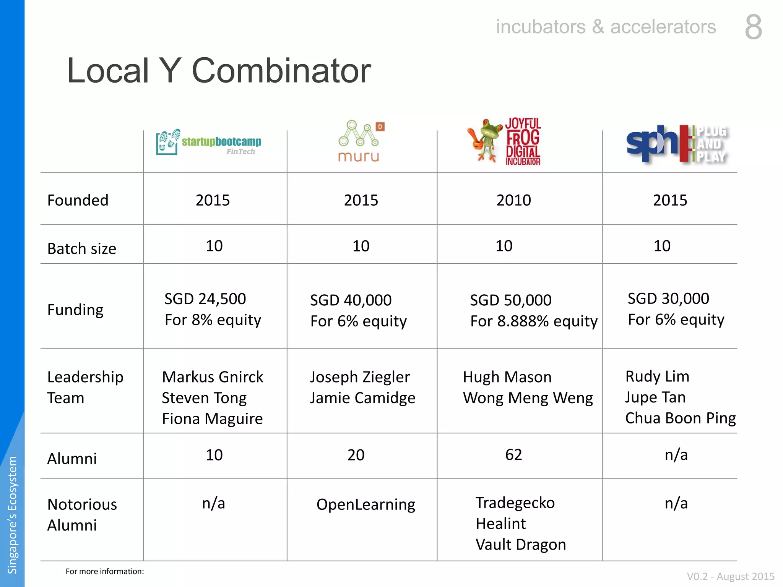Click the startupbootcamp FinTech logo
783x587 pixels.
point(209,142)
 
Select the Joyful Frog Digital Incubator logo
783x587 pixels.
point(504,141)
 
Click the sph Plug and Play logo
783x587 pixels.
point(677,144)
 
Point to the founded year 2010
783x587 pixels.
point(513,200)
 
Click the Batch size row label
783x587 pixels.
point(82,248)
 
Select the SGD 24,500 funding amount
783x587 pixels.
point(205,299)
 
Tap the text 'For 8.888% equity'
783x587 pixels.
point(534,321)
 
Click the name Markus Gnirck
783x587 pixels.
point(213,377)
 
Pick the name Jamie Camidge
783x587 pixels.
point(362,398)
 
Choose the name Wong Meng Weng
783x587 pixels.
point(528,398)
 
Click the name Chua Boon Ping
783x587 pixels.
point(681,418)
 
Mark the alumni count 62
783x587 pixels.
point(513,455)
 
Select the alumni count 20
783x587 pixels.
point(356,455)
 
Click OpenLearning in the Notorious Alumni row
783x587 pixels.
point(366,505)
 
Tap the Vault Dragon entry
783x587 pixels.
point(521,545)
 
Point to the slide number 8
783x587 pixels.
point(754,27)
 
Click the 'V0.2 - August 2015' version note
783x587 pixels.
point(731,576)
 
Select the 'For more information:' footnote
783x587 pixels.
point(105,571)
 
